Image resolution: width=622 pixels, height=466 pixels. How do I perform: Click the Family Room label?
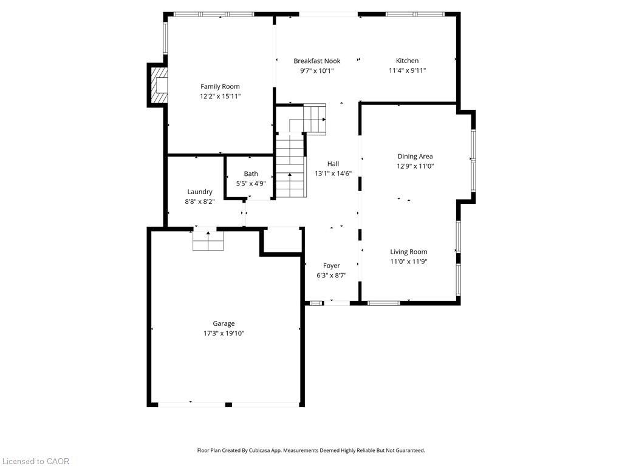pos(220,86)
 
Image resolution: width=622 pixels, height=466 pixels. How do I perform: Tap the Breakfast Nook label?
pos(316,61)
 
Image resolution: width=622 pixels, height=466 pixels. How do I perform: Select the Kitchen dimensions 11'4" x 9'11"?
pos(407,70)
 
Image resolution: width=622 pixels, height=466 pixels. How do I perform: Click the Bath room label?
pos(251,174)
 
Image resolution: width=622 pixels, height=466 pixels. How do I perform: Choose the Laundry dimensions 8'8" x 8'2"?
pos(199,201)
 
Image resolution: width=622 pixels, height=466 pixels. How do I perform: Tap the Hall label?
pos(333,163)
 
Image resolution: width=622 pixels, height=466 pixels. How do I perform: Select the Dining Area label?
pos(415,157)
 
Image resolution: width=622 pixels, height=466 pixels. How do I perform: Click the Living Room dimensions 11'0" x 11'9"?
pos(408,262)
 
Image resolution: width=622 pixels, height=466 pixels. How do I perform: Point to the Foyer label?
pos(331,265)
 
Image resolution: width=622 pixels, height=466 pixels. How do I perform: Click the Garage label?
pos(224,323)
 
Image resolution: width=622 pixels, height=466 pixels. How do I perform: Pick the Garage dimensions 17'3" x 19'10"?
pos(224,333)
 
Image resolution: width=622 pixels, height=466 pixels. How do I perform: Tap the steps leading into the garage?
pos(208,241)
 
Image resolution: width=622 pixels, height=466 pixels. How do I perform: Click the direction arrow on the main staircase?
pos(290,176)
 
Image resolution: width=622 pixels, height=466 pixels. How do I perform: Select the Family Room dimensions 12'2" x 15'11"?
pos(220,96)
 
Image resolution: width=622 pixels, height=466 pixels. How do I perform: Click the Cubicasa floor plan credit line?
pos(311,450)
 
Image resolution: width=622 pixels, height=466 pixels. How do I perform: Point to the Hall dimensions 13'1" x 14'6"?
pos(333,173)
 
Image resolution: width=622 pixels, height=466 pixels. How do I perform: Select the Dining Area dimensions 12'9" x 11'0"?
pos(415,166)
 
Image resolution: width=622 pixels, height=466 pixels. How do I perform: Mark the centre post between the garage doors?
pos(228,404)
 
